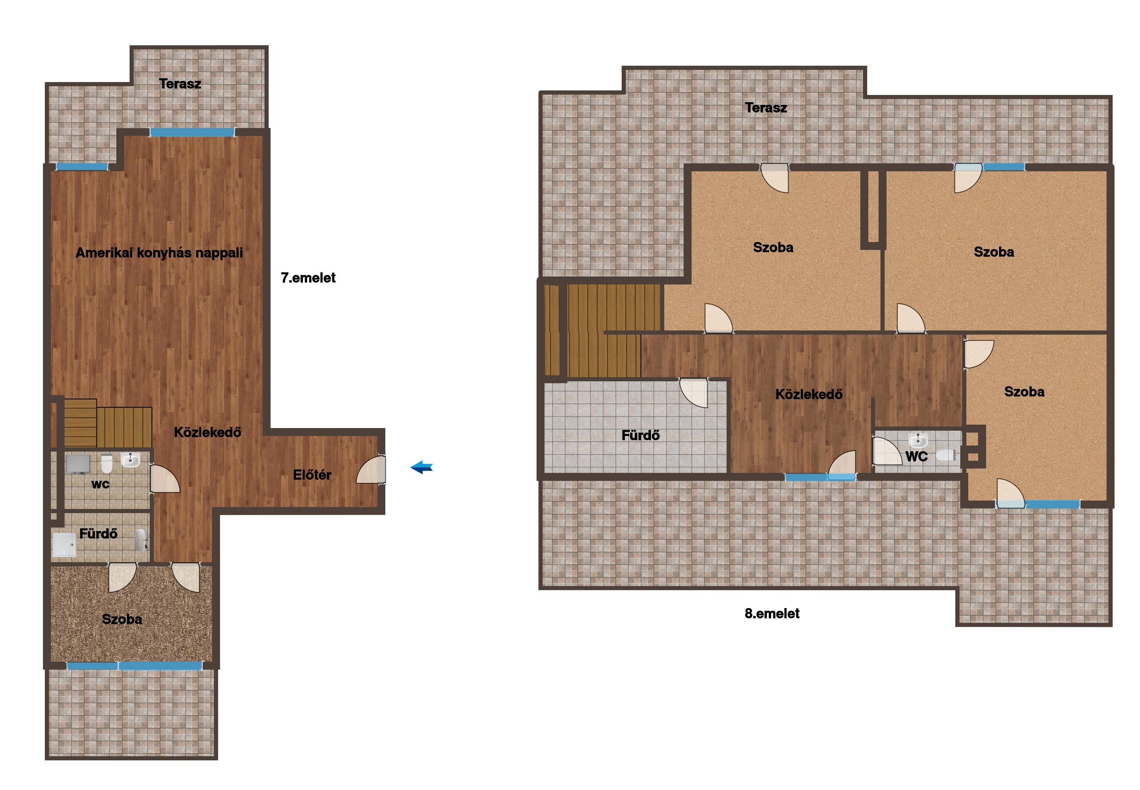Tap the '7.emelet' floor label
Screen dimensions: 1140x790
(x=308, y=278)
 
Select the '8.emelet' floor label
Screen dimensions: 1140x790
(x=772, y=613)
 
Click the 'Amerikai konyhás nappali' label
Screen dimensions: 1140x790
(x=159, y=253)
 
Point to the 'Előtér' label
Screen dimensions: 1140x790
(x=312, y=475)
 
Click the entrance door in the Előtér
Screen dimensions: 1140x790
(x=371, y=469)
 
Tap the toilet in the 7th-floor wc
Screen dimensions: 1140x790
(x=106, y=464)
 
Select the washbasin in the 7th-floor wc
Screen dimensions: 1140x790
(x=130, y=460)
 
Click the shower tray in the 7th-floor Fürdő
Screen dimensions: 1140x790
(x=64, y=545)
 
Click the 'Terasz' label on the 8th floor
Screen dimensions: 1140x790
(x=766, y=107)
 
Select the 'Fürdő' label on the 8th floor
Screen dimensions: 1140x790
(x=640, y=435)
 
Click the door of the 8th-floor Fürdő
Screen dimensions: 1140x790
(x=694, y=392)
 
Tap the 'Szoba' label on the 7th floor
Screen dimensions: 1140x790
(x=122, y=619)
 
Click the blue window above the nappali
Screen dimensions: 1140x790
(x=192, y=132)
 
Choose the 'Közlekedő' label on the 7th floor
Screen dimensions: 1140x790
(x=207, y=432)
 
